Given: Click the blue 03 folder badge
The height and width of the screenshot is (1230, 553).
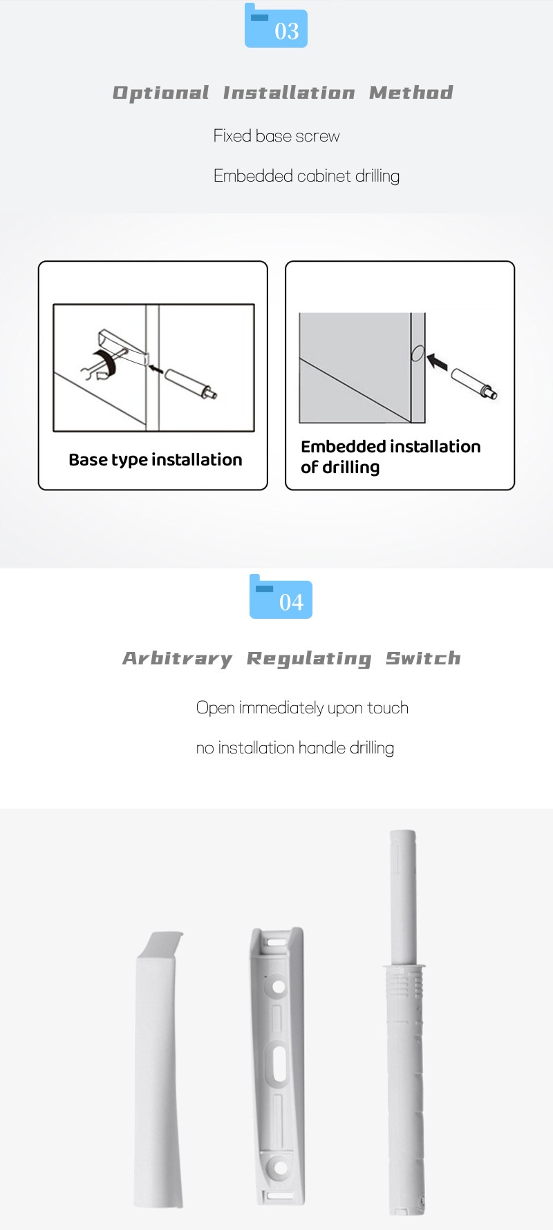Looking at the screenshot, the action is (276, 26).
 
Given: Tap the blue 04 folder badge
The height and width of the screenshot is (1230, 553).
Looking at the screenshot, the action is (281, 597).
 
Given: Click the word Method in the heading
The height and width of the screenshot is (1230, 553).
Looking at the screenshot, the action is (411, 93).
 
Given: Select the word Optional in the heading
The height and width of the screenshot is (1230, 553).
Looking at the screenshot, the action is (160, 93).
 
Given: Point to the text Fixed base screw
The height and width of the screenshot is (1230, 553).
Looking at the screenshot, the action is (276, 136).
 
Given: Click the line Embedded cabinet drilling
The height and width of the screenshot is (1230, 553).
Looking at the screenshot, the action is (306, 176).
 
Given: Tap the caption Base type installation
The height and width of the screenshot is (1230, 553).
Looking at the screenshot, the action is (156, 460).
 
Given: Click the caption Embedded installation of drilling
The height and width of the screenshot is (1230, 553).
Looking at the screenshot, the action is (391, 457).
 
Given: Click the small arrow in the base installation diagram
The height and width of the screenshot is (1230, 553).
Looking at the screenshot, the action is (156, 369).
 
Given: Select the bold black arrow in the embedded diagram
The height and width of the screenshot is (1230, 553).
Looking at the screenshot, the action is (438, 361).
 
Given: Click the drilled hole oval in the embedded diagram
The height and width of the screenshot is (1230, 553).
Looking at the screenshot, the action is (418, 354).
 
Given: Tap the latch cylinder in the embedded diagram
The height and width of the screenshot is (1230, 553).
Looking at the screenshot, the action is (474, 384).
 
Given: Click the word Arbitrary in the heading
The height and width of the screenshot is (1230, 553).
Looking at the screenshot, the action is (178, 659).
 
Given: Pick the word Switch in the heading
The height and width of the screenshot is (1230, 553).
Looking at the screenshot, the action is (423, 658).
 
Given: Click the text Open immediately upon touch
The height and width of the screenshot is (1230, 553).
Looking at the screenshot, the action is (302, 708).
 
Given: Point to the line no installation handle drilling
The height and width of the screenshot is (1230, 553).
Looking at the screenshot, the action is (295, 748).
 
